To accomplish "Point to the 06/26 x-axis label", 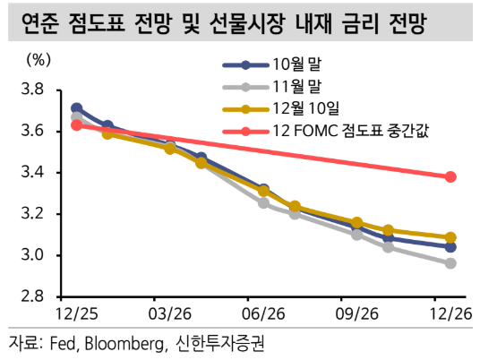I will tap(265, 315).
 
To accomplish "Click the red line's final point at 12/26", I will tap(450, 177).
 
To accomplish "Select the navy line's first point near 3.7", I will tap(76, 108).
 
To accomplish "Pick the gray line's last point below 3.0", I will tap(450, 263).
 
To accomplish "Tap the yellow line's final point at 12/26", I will tap(450, 237).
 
